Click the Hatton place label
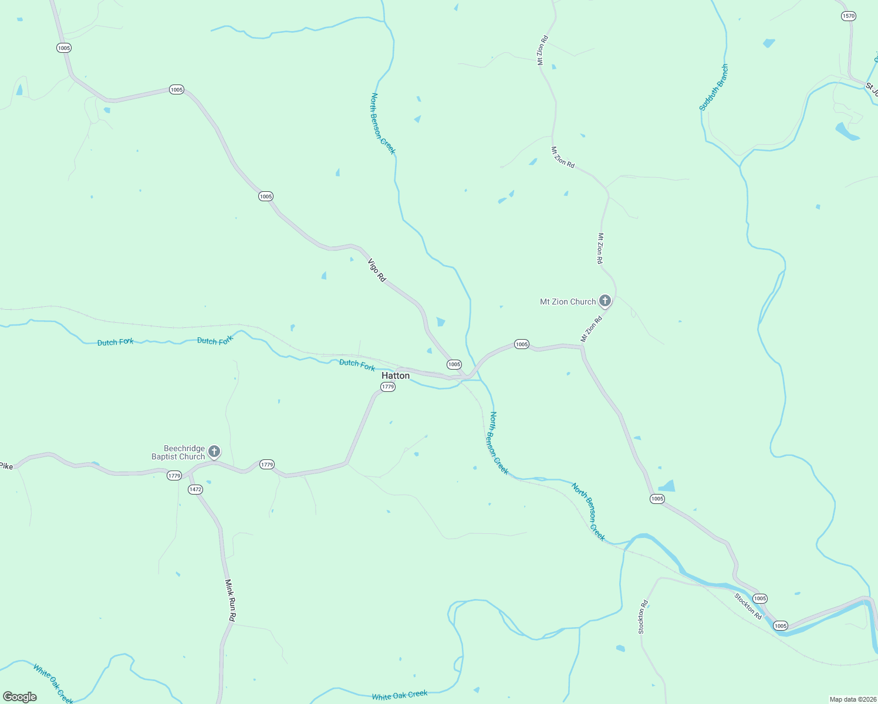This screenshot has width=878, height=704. [396, 375]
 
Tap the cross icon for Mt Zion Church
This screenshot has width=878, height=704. [605, 301]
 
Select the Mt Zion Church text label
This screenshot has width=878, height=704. [568, 302]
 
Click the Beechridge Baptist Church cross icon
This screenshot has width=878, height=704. [214, 451]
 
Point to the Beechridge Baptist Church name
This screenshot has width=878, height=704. [178, 452]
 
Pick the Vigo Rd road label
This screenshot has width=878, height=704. [377, 270]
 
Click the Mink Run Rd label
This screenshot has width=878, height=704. [231, 600]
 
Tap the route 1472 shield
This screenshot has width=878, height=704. [195, 489]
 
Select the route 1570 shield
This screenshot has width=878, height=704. [849, 16]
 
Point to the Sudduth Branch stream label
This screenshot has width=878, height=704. [714, 88]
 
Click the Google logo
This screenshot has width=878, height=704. [20, 696]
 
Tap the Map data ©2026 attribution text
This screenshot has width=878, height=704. [852, 699]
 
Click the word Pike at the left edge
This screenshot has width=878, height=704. [6, 466]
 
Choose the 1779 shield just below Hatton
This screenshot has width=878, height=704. [388, 387]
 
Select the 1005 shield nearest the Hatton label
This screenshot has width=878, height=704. [454, 364]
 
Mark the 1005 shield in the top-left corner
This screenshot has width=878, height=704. [64, 48]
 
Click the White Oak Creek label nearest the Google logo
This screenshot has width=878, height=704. [53, 683]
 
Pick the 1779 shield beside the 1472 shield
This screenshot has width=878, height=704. [174, 475]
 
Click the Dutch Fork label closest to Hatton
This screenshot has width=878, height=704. [357, 365]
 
